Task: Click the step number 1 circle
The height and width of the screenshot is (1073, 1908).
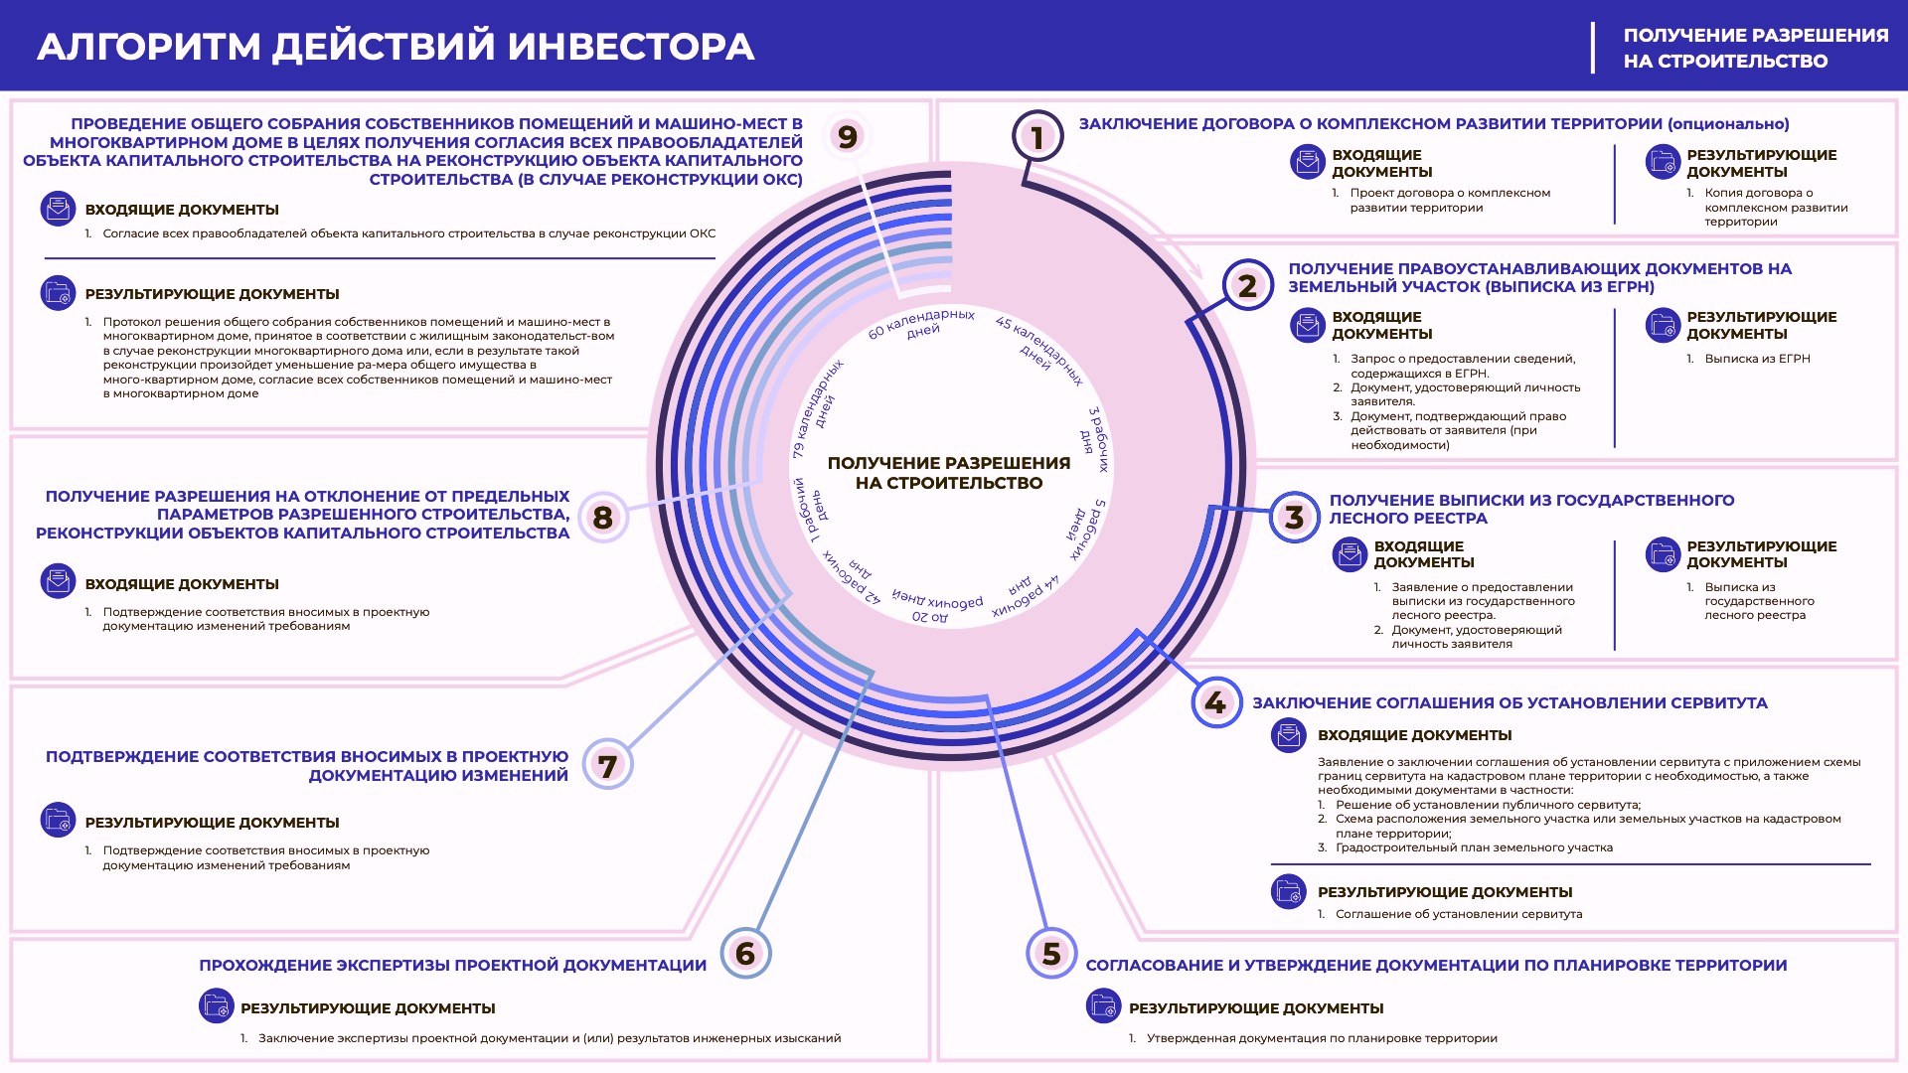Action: point(1037,137)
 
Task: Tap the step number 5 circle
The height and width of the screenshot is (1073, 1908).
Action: point(1051,954)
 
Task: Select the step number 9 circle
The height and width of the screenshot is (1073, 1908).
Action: point(847,136)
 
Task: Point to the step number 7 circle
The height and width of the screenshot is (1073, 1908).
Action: point(607,765)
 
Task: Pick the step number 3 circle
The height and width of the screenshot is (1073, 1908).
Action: point(1294,517)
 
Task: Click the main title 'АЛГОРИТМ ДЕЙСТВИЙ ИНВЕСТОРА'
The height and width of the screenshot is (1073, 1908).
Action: point(396,47)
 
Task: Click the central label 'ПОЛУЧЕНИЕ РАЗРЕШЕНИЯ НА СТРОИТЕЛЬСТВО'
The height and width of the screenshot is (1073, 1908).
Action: point(949,473)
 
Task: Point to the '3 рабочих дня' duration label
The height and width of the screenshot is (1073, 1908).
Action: point(1094,438)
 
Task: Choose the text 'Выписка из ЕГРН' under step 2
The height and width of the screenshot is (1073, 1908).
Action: point(1757,359)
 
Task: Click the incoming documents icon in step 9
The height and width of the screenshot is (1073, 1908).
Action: point(58,209)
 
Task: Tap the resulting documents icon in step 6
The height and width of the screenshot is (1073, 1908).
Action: point(217,1006)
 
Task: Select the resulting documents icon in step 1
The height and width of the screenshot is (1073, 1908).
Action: point(1663,162)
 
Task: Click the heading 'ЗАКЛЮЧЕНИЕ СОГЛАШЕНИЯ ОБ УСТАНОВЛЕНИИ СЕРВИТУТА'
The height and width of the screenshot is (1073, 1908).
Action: point(1510,703)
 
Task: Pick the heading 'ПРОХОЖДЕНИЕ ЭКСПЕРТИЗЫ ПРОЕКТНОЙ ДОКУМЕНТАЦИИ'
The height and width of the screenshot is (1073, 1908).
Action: point(453,966)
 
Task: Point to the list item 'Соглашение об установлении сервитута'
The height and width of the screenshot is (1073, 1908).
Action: point(1459,914)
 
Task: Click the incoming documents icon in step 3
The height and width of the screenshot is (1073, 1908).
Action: point(1351,554)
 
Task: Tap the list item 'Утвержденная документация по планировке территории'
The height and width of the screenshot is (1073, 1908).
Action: point(1322,1038)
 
